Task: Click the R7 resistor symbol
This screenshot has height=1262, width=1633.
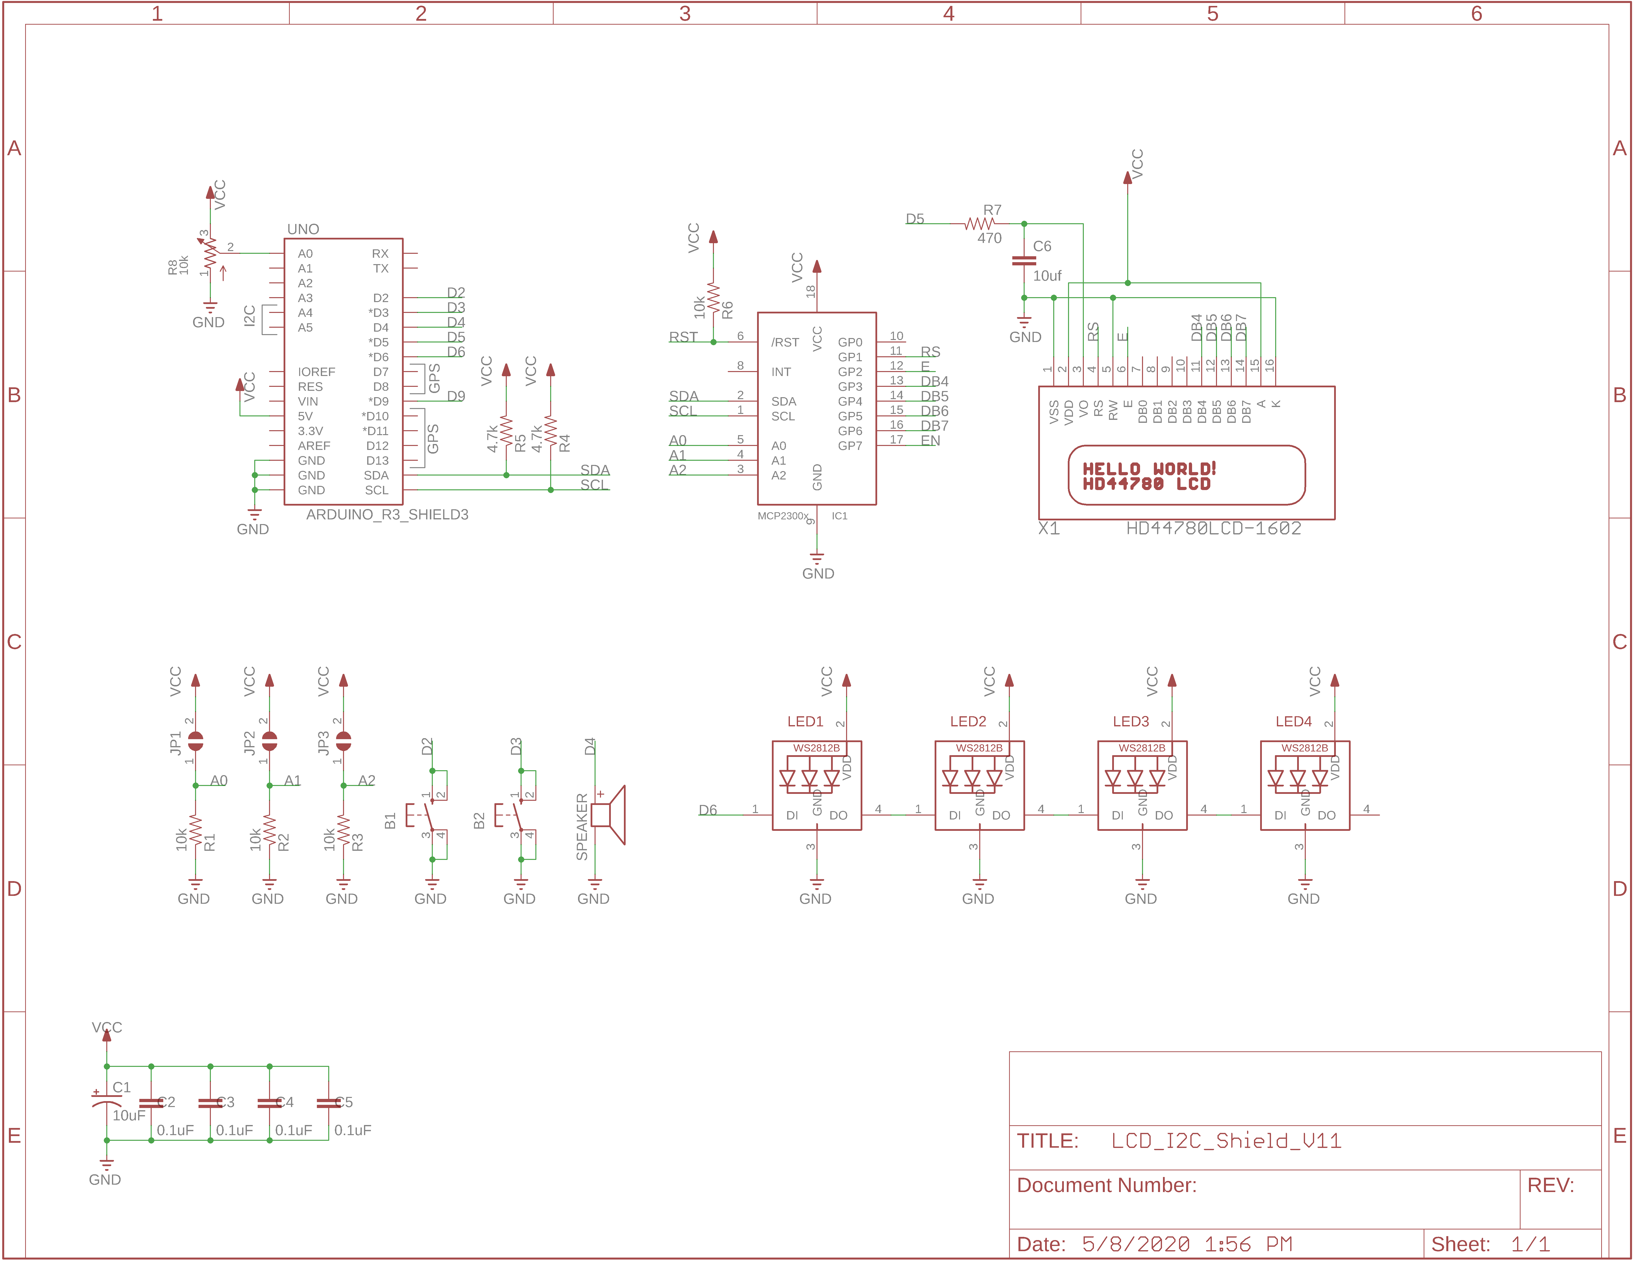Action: pos(980,223)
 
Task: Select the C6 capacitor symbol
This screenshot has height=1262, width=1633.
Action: pos(1024,261)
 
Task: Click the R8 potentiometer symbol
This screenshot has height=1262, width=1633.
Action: pos(210,254)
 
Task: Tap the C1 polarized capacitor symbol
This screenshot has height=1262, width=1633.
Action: pos(107,1101)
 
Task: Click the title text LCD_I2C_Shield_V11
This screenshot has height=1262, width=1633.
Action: pos(1226,1141)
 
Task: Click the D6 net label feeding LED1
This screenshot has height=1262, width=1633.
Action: pos(707,810)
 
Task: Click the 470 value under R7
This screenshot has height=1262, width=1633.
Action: pos(989,238)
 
